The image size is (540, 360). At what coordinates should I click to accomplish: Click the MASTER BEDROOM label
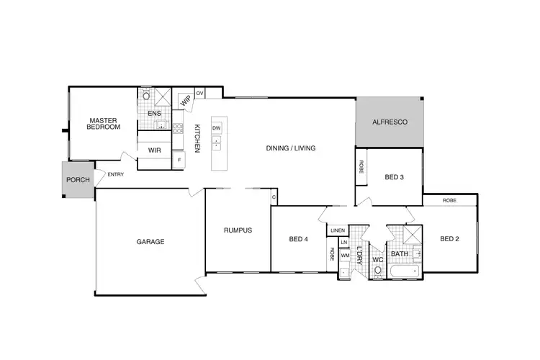(x=104, y=123)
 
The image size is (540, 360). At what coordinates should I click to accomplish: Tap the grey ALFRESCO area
(x=390, y=122)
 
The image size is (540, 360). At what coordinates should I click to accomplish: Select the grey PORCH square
(x=77, y=180)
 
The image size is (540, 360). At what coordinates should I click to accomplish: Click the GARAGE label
(x=150, y=242)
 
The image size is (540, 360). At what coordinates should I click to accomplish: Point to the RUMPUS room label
(x=237, y=230)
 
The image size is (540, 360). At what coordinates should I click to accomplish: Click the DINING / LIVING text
(x=291, y=148)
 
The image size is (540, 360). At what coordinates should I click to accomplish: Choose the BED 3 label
(x=393, y=176)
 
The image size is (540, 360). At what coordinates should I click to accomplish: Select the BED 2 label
(x=449, y=239)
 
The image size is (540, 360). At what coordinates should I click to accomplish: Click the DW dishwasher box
(x=216, y=128)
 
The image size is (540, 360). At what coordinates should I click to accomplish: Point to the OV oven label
(x=199, y=94)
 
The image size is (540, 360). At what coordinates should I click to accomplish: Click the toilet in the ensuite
(x=146, y=95)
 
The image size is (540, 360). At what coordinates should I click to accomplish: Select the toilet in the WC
(x=377, y=271)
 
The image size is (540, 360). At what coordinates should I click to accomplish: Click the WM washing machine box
(x=344, y=256)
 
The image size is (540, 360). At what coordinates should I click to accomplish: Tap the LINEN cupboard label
(x=338, y=230)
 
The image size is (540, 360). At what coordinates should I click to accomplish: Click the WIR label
(x=154, y=150)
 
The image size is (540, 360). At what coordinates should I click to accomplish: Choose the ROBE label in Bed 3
(x=361, y=166)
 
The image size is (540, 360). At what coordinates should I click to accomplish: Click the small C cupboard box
(x=274, y=197)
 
